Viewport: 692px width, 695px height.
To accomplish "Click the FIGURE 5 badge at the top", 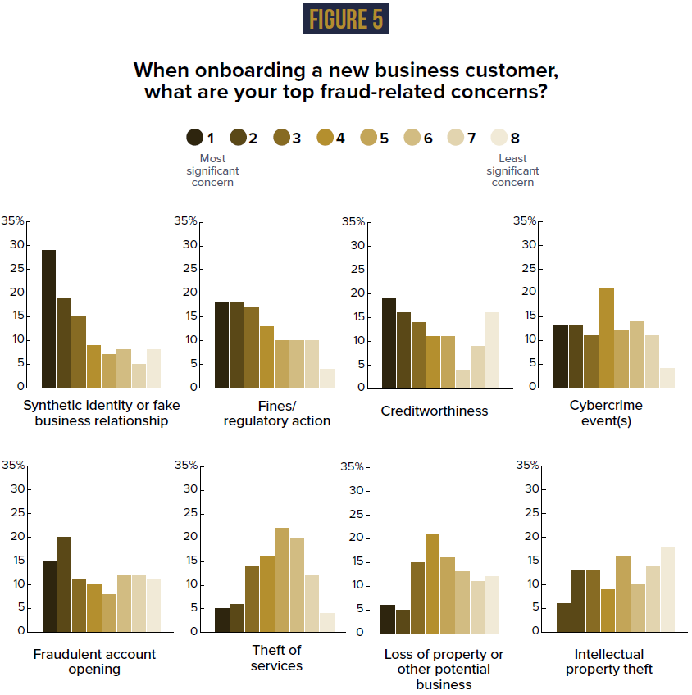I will pyautogui.click(x=345, y=19).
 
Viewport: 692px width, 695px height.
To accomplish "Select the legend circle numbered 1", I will pyautogui.click(x=195, y=138).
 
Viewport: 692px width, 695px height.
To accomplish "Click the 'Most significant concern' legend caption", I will pyautogui.click(x=212, y=170).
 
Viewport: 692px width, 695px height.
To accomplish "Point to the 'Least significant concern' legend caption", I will pyautogui.click(x=512, y=170).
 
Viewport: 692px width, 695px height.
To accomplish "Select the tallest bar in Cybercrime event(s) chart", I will pyautogui.click(x=607, y=337).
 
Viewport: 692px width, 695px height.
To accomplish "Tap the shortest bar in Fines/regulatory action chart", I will pyautogui.click(x=327, y=378).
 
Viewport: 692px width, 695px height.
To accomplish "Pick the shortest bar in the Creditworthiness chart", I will pyautogui.click(x=462, y=378).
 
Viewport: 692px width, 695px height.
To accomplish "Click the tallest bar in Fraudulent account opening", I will pyautogui.click(x=64, y=584).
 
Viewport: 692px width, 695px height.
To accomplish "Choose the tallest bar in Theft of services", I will pyautogui.click(x=282, y=579).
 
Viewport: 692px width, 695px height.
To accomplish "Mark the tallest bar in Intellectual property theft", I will pyautogui.click(x=667, y=588).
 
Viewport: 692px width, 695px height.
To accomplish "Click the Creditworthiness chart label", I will pyautogui.click(x=434, y=411).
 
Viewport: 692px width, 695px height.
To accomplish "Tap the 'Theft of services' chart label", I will pyautogui.click(x=276, y=657).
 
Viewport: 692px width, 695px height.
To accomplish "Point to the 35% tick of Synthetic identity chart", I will pyautogui.click(x=13, y=220).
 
